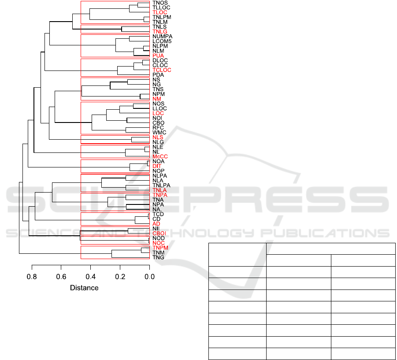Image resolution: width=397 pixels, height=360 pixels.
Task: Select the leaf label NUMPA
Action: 162,36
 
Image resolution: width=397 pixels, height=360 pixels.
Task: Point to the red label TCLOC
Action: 162,70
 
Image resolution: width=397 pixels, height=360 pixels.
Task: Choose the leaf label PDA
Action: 158,75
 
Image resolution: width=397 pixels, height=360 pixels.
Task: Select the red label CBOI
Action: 159,234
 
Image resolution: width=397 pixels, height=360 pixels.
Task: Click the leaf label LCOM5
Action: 162,41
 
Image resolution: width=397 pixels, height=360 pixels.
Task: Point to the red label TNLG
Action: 160,31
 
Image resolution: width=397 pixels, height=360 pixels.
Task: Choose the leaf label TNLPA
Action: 161,186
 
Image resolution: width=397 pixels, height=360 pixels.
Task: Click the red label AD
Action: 156,224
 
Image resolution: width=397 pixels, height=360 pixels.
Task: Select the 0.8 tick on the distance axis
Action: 32,277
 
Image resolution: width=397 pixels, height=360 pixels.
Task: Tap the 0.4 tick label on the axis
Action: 91,277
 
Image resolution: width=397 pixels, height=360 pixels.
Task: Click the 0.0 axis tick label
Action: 150,277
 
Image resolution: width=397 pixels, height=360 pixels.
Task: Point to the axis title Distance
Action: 84,288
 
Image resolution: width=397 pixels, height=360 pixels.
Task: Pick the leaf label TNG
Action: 158,257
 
